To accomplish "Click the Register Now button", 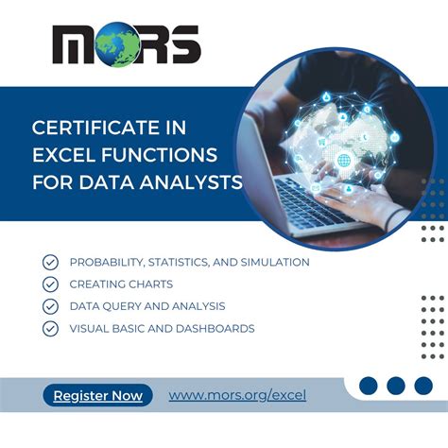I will pyautogui.click(x=98, y=396).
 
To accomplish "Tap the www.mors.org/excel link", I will pyautogui.click(x=237, y=396).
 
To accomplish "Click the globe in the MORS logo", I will pyautogui.click(x=128, y=45).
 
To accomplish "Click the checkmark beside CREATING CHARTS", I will pyautogui.click(x=50, y=284).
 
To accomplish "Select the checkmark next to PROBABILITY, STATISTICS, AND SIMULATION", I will pyautogui.click(x=50, y=262).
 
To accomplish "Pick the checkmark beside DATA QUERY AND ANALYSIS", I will pyautogui.click(x=50, y=306).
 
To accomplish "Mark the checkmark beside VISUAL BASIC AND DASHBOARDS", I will pyautogui.click(x=50, y=329).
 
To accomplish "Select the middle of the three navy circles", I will pyautogui.click(x=396, y=386).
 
